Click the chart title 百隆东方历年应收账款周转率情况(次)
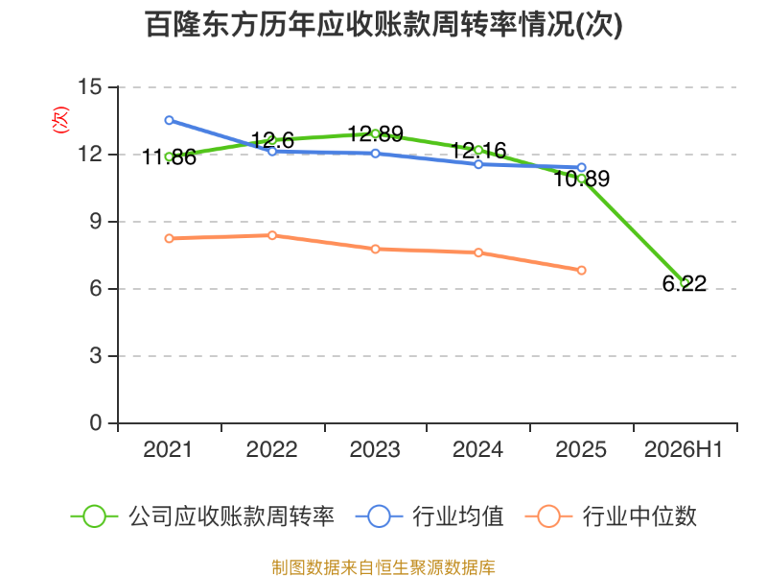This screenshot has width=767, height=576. [x=384, y=25]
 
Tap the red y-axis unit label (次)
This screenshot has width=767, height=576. [x=60, y=120]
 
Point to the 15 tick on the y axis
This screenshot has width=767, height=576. [x=90, y=87]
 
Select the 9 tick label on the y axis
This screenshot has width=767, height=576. [x=96, y=222]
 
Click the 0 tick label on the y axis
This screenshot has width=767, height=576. [x=96, y=422]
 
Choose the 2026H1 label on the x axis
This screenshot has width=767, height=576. [x=684, y=449]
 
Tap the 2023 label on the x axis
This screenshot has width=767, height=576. [x=375, y=449]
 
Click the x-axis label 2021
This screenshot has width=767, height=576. [x=168, y=449]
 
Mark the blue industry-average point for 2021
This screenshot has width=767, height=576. [x=170, y=120]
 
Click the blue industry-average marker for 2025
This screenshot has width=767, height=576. [x=582, y=167]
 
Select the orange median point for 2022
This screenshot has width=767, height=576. [x=272, y=235]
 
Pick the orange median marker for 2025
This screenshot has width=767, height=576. [x=582, y=271]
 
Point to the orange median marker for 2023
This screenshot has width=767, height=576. [x=375, y=250]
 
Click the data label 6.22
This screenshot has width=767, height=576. [x=685, y=283]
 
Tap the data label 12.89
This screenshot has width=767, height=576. [x=376, y=133]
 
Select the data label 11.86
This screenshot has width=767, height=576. [x=170, y=157]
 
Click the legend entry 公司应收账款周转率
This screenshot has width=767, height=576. [x=202, y=516]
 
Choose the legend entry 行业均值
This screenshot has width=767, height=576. [x=430, y=516]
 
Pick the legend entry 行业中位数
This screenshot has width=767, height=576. [x=611, y=516]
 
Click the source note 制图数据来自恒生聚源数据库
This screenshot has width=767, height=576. [x=383, y=567]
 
